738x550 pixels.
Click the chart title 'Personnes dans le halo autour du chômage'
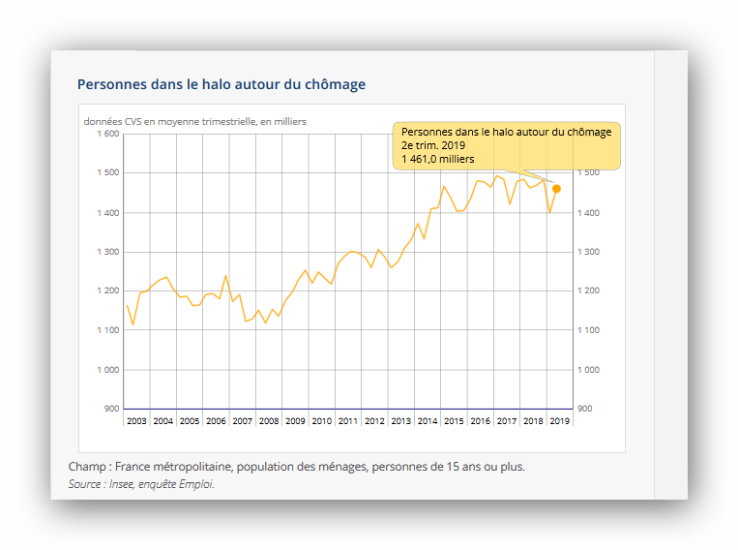pos(221,84)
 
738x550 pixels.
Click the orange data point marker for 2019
pos(556,189)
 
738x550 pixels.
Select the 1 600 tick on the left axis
pos(107,134)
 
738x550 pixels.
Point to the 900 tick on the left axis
pos(111,409)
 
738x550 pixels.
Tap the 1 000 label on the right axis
pos(588,370)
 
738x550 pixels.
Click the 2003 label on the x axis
pos(137,421)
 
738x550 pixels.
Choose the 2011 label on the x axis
pos(348,421)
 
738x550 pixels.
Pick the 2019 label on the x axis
pos(559,421)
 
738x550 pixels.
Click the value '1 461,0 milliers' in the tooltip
pos(437,159)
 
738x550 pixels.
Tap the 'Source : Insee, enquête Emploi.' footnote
pos(141,484)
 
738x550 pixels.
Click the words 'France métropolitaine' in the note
pos(169,467)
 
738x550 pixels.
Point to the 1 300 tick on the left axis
pos(107,252)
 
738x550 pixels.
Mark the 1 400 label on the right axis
pos(588,213)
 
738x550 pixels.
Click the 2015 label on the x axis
pos(454,421)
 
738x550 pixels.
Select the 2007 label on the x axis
pos(243,421)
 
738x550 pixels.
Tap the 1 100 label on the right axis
pos(588,330)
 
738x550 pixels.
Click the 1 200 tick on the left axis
pos(107,290)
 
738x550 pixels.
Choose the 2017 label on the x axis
pos(506,421)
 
